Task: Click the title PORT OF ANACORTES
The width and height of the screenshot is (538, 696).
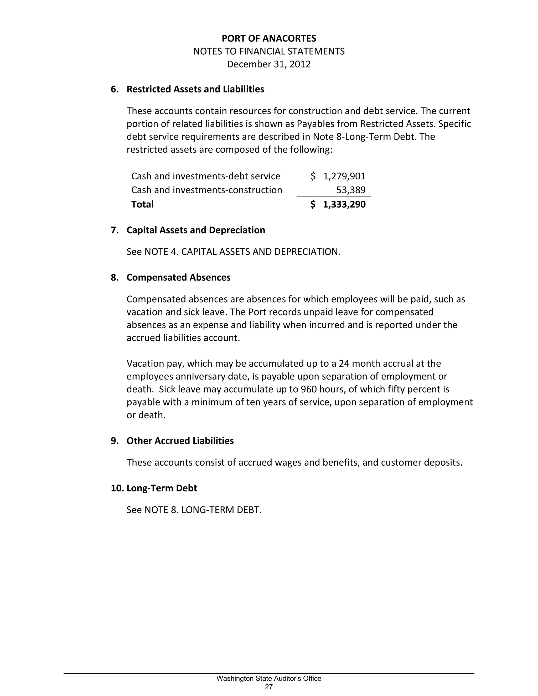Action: [269, 39]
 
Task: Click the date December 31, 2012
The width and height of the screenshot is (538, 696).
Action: [269, 64]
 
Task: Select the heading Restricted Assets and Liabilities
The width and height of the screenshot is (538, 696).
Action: [195, 89]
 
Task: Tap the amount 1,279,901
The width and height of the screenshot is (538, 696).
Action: [344, 176]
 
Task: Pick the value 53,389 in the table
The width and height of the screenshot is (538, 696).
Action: [351, 190]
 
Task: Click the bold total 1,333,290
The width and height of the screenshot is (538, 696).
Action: [344, 204]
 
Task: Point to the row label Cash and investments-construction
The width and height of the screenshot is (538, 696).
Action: [206, 190]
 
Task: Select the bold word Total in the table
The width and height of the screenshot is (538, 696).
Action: [142, 204]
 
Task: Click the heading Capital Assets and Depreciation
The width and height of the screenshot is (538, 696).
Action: [196, 230]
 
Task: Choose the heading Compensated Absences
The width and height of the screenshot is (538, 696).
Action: [178, 278]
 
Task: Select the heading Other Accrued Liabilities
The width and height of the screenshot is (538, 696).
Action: [180, 441]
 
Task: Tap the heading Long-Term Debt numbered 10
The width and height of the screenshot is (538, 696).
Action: [162, 488]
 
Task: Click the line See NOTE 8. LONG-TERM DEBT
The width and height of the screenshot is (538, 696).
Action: [194, 510]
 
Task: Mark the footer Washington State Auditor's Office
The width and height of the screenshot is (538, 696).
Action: [269, 678]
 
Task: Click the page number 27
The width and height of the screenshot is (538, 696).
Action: [269, 687]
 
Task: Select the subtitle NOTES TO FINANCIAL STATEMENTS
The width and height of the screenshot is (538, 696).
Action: [269, 52]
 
